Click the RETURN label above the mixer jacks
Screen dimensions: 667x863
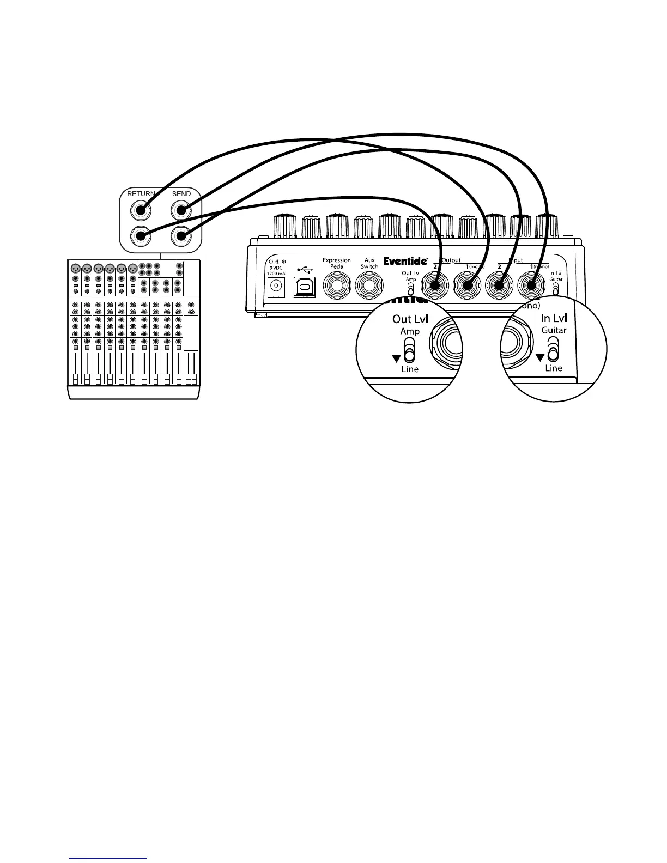141,193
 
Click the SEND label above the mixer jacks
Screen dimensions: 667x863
181,193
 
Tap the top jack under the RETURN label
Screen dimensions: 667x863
141,210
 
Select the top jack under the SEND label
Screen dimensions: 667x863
181,210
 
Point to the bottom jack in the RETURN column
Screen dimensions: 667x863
141,236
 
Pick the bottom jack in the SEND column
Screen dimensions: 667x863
181,236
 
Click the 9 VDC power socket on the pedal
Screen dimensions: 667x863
277,285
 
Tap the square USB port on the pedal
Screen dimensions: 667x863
305,286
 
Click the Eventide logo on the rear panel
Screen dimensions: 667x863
405,262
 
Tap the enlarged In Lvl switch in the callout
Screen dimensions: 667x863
554,349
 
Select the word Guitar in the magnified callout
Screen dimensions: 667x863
554,330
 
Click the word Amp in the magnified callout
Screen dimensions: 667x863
410,331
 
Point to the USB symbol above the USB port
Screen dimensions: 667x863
305,269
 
